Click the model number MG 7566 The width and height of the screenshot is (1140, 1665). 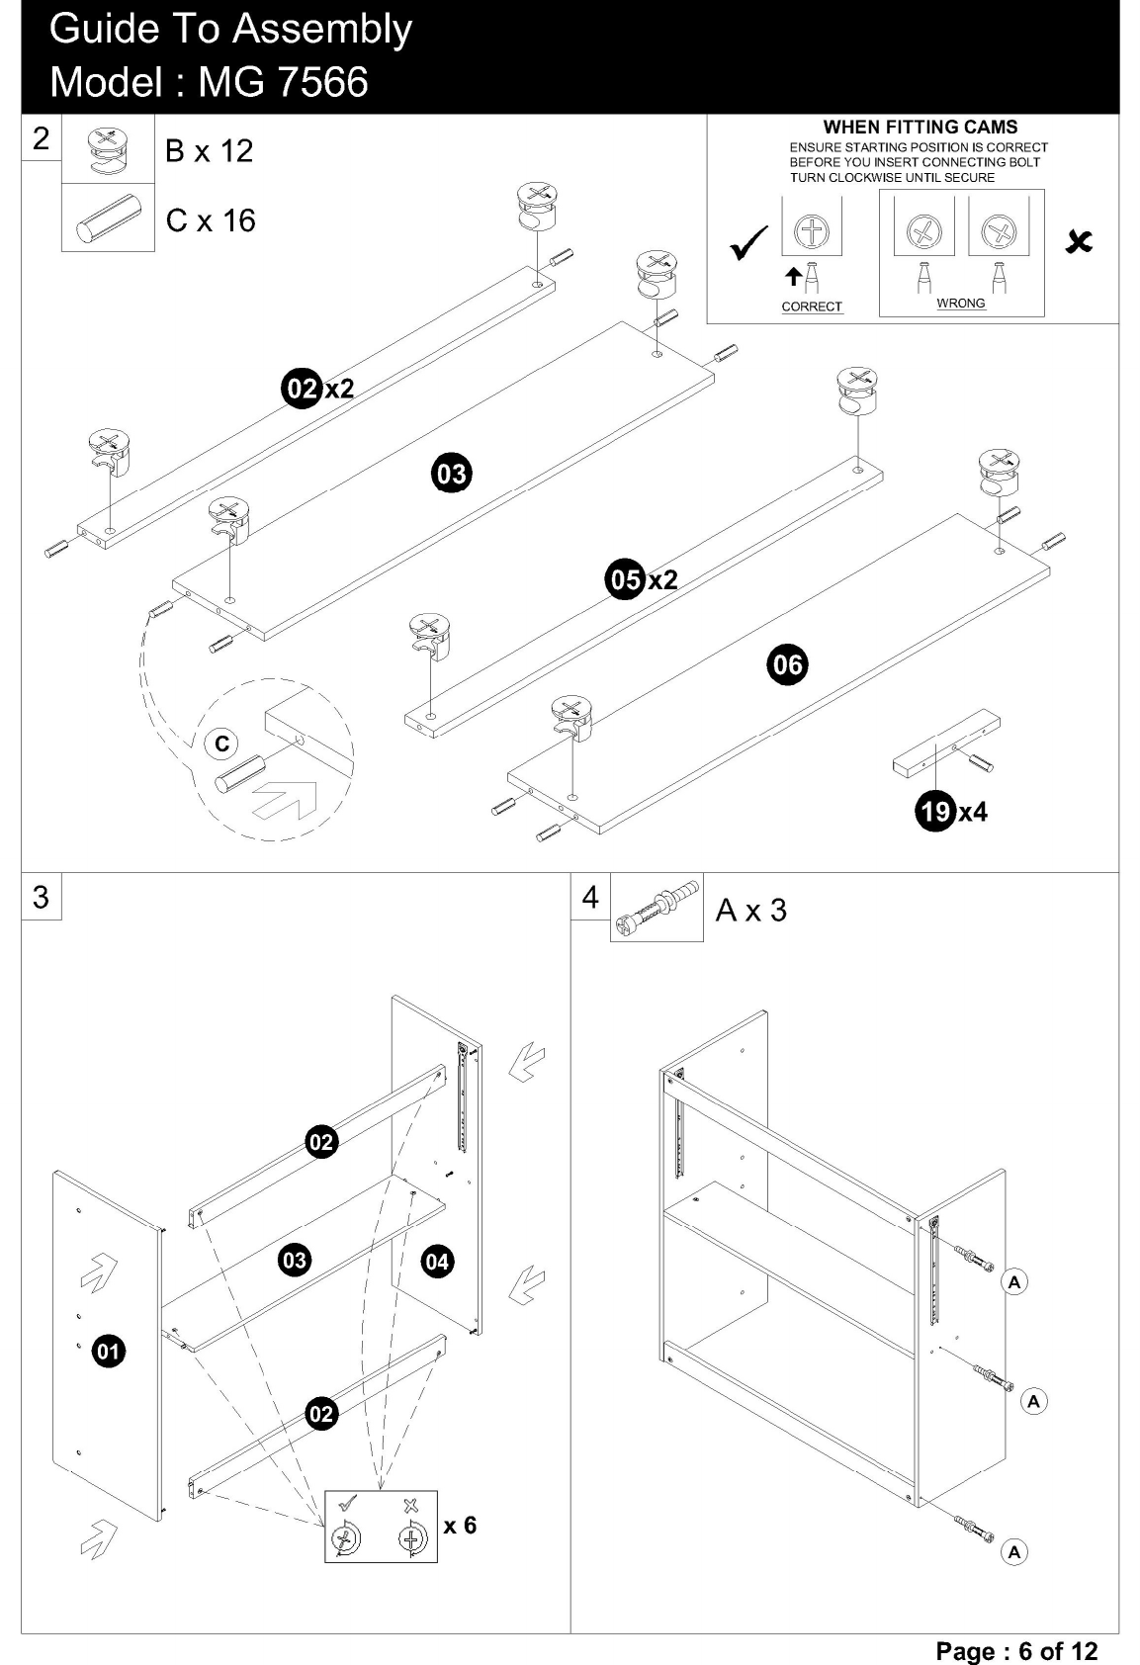click(283, 82)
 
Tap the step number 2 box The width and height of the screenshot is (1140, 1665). click(41, 138)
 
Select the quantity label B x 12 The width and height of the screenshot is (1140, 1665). click(209, 151)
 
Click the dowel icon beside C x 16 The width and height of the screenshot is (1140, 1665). click(109, 219)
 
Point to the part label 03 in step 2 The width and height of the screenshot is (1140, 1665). click(452, 474)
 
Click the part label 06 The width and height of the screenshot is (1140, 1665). click(787, 664)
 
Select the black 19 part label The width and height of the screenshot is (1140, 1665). click(935, 810)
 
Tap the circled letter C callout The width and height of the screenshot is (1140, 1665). click(221, 744)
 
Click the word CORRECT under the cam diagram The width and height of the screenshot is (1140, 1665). click(812, 307)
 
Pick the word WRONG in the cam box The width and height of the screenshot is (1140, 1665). click(961, 304)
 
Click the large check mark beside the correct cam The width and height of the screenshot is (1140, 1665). click(749, 244)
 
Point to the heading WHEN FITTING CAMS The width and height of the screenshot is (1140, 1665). click(921, 128)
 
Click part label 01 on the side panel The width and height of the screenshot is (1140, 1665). click(109, 1351)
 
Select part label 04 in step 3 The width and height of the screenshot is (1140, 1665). click(437, 1262)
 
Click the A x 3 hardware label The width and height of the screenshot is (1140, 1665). click(751, 910)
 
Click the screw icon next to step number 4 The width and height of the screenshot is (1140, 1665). click(657, 908)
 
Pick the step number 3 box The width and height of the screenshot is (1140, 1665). click(41, 897)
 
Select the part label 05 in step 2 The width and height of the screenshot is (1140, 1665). click(625, 579)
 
